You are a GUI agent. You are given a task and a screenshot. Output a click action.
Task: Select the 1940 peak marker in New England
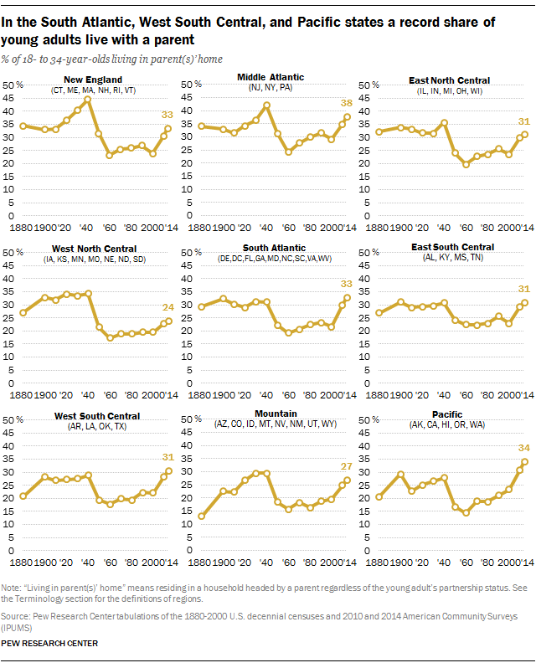point(87,99)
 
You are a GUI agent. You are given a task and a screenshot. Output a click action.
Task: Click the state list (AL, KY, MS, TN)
point(456,258)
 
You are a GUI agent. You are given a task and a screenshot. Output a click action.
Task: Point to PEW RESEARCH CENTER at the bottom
point(51,643)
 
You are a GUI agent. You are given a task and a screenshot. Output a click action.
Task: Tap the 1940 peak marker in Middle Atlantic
point(266,105)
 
